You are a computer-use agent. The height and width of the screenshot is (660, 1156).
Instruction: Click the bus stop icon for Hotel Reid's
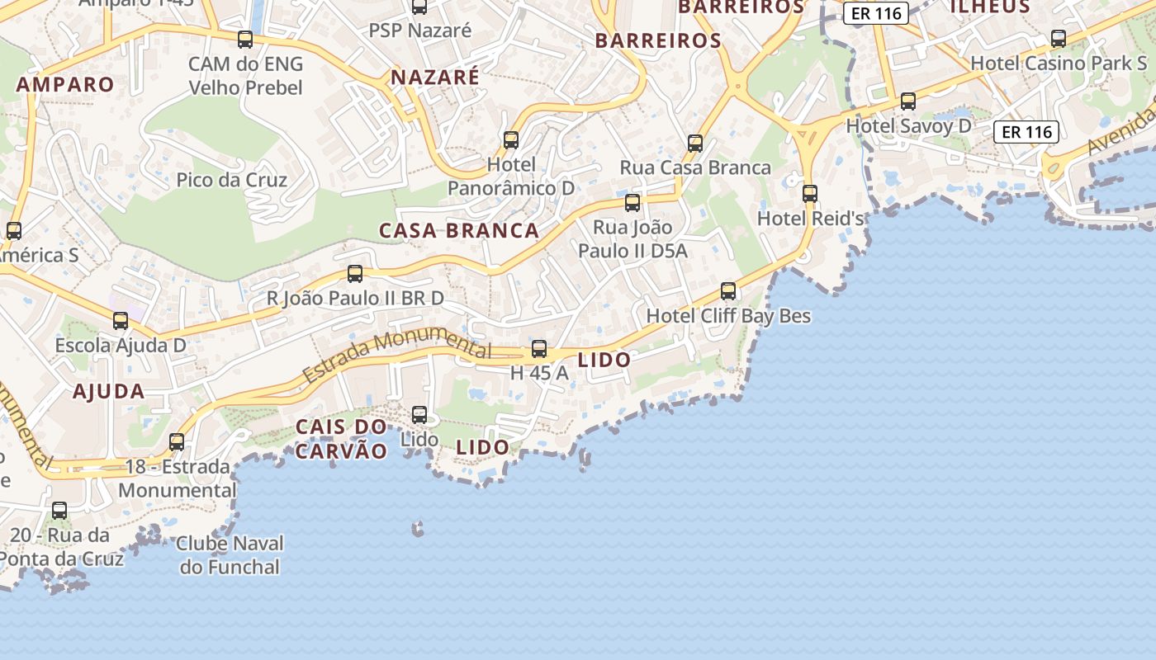[x=810, y=194]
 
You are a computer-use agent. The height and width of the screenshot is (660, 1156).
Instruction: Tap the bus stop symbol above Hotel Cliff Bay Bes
[x=728, y=291]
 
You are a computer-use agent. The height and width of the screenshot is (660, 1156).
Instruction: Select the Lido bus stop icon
[x=419, y=415]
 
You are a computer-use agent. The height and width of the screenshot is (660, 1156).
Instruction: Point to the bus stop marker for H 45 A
[x=539, y=349]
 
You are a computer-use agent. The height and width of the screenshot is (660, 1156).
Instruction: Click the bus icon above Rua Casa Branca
[x=695, y=144]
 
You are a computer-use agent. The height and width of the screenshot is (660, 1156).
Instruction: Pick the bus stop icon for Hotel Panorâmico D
[x=511, y=140]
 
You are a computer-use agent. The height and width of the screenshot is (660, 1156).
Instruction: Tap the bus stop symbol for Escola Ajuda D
[x=121, y=321]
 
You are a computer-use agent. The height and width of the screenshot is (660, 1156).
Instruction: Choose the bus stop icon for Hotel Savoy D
[x=908, y=101]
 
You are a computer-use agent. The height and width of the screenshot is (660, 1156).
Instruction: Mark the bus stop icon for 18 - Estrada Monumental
[x=177, y=442]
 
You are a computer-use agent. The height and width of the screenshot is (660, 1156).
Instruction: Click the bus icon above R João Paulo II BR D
[x=355, y=274]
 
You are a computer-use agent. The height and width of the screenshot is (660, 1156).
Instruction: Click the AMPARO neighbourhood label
[x=65, y=84]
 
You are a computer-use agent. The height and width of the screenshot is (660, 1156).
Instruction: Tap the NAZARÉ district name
[x=434, y=78]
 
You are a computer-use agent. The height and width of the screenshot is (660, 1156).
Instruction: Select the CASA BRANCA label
[x=459, y=230]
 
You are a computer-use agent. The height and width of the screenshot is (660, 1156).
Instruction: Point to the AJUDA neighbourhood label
[x=109, y=391]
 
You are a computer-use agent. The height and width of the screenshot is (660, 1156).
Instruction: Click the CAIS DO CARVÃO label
[x=341, y=439]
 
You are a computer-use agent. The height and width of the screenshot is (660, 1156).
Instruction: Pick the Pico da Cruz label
[x=232, y=180]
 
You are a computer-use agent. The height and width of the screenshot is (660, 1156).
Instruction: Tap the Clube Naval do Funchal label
[x=230, y=555]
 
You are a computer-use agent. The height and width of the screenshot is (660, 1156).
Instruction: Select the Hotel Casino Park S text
[x=1059, y=63]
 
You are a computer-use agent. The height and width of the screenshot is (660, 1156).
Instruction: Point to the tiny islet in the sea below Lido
[x=418, y=528]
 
